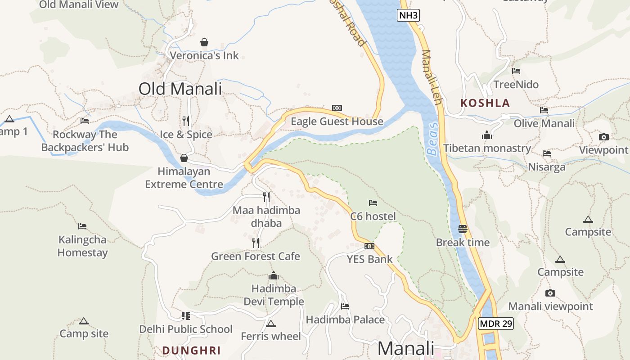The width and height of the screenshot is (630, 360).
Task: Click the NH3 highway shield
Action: point(409,16)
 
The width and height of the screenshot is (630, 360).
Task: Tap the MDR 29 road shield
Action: point(496,324)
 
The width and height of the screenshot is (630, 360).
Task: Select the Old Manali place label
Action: point(180,89)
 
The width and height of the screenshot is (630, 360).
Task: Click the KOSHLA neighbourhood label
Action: point(485,103)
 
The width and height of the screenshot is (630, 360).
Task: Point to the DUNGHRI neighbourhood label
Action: point(191,351)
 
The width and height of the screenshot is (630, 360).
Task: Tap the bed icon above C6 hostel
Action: point(373,203)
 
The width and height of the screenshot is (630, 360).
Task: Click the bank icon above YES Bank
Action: point(369,246)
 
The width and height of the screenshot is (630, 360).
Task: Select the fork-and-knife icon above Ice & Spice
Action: point(186,121)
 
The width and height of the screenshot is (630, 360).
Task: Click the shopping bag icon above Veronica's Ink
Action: point(204,42)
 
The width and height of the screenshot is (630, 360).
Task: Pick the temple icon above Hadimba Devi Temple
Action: point(274,275)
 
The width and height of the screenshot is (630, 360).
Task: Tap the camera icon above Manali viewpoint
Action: point(550,293)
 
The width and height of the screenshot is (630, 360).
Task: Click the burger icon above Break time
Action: point(463,229)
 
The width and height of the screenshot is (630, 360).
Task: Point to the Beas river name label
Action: point(432,139)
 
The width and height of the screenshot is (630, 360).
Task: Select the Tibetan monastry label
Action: point(487,148)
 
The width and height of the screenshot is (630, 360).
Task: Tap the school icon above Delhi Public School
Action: point(185,316)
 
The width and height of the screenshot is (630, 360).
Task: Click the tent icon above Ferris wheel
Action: point(270,324)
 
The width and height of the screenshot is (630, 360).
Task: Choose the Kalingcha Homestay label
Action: point(82,246)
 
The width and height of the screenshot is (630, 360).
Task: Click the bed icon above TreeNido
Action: point(516,71)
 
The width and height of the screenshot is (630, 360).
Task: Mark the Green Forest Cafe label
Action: point(256,256)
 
